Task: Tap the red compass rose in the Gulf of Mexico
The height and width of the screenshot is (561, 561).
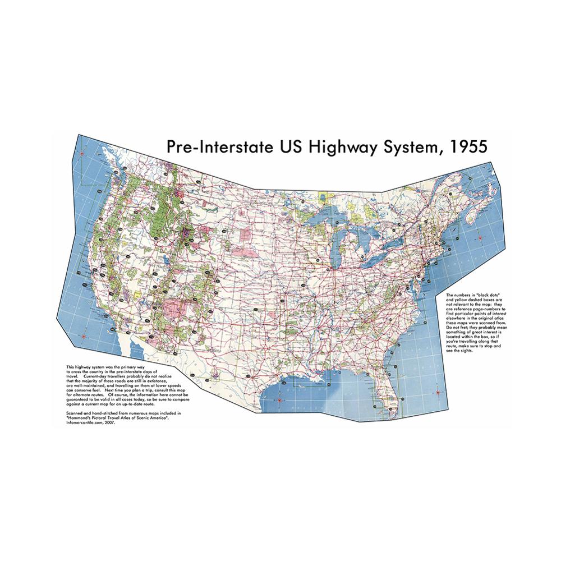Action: point(279,400)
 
